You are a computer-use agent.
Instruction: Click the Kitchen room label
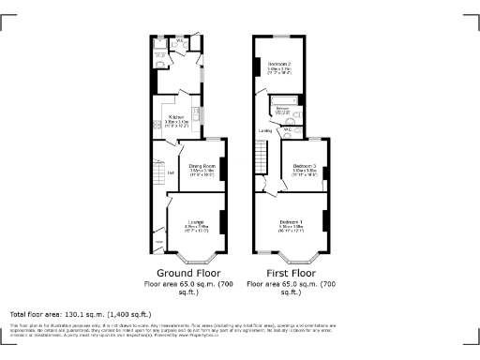click(176, 117)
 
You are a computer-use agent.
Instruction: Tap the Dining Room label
click(202, 166)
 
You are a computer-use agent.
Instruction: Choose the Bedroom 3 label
click(303, 166)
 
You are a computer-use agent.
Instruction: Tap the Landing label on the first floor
click(265, 131)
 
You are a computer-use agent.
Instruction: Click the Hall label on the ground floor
click(171, 172)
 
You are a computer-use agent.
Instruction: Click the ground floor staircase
click(159, 159)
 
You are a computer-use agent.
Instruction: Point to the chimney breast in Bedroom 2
click(256, 67)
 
